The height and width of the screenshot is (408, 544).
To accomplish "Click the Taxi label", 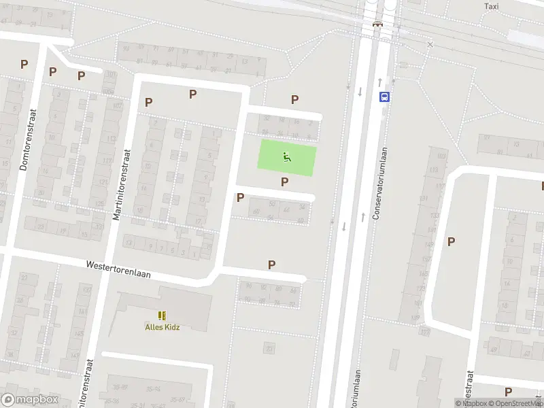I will coord(491,6).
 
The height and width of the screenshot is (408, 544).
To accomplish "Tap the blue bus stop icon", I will coord(384,97).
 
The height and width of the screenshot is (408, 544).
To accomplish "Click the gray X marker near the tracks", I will coord(430,44).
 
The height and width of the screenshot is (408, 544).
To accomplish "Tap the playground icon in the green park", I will coord(286,158).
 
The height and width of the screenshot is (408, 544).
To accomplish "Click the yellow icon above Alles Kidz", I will coord(162,315).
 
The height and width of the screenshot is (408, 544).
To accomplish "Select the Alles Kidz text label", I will coord(163,326).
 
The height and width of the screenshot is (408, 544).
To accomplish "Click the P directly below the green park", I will coord(284,182).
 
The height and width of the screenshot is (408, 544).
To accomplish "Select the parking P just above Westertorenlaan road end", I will coord(272,265).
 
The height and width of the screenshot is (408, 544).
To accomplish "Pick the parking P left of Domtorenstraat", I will coord(24,65).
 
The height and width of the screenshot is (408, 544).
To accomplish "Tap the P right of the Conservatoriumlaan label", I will coord(450,241).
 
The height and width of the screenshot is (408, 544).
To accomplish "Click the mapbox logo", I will coord(30,400).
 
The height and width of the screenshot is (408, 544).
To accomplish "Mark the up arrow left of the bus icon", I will coord(379,82).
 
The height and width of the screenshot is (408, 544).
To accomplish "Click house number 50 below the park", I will coord(273,204).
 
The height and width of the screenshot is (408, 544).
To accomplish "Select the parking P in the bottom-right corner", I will coord(508,391).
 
